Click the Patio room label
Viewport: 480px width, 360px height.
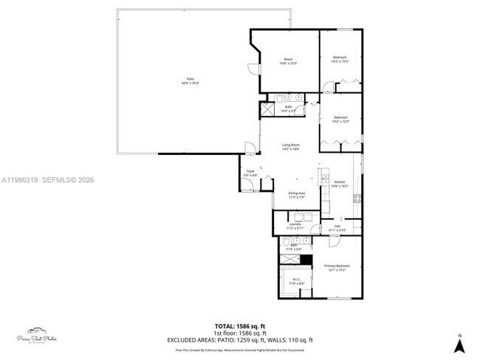(x=190, y=81)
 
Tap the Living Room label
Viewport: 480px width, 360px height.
(x=290, y=147)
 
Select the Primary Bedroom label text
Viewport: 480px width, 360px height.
(x=335, y=268)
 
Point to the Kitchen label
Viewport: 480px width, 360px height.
(x=340, y=184)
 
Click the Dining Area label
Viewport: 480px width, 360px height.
(x=296, y=195)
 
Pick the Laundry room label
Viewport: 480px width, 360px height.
(x=295, y=226)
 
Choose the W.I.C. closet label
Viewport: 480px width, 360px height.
(x=295, y=281)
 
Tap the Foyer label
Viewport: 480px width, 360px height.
(x=250, y=173)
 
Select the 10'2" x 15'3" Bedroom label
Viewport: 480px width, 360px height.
(x=340, y=60)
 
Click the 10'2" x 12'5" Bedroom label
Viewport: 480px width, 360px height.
(x=340, y=120)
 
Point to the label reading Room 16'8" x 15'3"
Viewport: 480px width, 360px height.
(x=288, y=61)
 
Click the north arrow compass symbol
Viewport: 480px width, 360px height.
(x=459, y=343)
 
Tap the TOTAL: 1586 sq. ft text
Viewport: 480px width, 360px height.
(x=239, y=325)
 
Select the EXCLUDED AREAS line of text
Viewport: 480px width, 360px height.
(x=239, y=340)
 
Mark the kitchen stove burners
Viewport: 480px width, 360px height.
(x=357, y=197)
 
